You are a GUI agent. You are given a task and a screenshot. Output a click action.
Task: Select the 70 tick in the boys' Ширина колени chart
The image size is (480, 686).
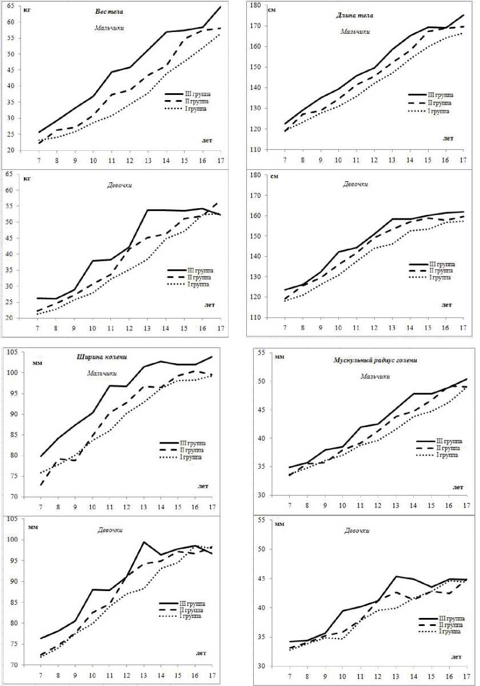(x=14, y=497)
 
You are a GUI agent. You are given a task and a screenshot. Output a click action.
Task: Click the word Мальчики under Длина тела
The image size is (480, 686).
(x=355, y=31)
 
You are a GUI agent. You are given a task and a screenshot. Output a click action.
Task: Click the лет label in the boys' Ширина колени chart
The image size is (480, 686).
(x=202, y=486)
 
